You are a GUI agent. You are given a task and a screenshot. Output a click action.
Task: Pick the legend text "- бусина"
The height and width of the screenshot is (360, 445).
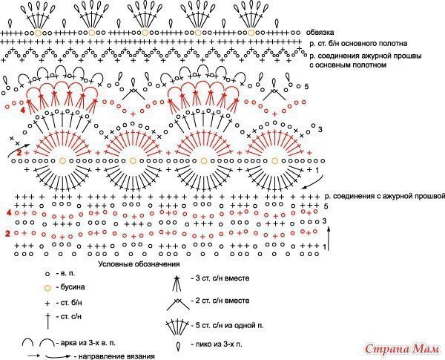pos(73,287)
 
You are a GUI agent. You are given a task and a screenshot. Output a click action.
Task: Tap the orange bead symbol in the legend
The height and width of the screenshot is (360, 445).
pos(48,287)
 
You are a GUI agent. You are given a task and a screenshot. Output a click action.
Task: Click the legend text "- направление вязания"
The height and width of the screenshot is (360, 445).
pos(115,356)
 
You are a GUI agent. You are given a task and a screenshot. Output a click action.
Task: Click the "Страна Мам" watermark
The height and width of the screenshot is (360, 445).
pos(404,348)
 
